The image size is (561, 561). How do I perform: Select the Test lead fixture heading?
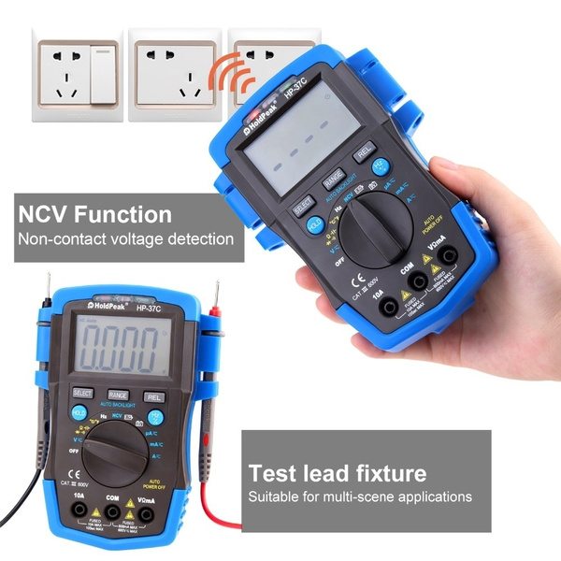(337, 472)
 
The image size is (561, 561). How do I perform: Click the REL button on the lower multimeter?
(153, 396)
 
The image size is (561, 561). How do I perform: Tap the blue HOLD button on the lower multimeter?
(79, 414)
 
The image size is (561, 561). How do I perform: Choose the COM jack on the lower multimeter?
(112, 512)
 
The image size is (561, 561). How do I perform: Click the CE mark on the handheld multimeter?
(356, 279)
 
